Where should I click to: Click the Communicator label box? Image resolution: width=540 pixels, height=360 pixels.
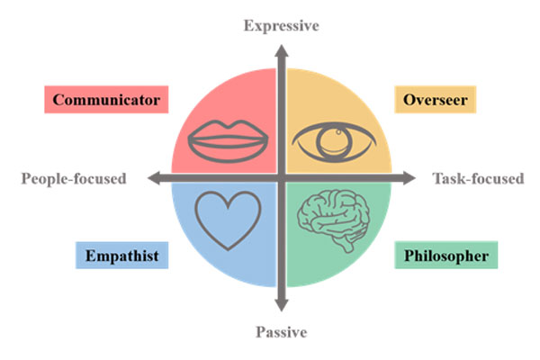coord(106,99)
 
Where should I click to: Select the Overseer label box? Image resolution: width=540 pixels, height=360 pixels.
coord(436,99)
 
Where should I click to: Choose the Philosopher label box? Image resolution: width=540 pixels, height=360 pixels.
coord(445,256)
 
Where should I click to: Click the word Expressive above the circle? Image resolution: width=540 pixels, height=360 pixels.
coord(282,25)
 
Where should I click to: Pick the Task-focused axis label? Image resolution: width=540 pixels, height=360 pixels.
coord(478,178)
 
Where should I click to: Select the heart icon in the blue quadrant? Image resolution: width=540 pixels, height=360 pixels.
coord(229,219)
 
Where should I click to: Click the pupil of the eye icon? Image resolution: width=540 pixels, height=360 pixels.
coord(336,141)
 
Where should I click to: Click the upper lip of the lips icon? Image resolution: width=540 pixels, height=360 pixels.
coord(226,130)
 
